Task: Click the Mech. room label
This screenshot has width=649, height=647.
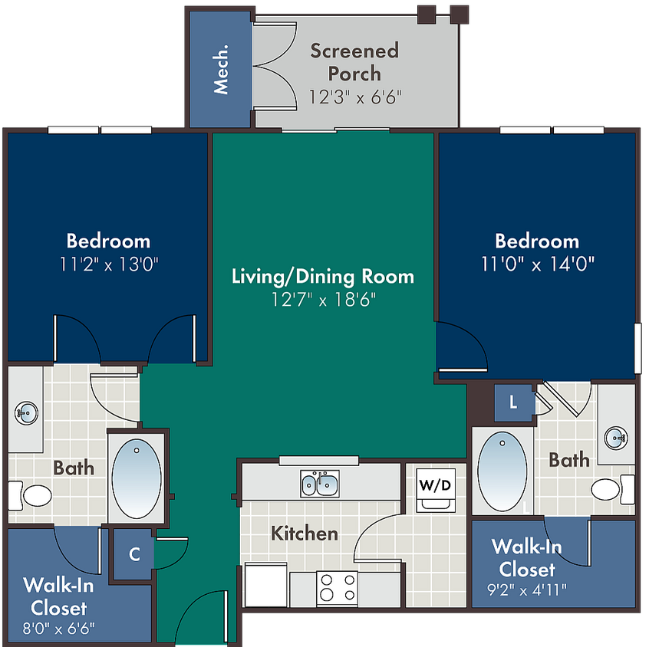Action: tap(221, 69)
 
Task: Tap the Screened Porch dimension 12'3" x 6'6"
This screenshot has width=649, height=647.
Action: tap(355, 97)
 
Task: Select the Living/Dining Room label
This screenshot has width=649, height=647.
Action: tap(323, 276)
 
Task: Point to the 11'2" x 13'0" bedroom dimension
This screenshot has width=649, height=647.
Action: tap(109, 264)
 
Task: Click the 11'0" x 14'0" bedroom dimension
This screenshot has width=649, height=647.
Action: tap(538, 264)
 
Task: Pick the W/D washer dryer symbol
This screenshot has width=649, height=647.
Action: tap(436, 490)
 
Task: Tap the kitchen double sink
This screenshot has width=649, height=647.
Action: tap(320, 484)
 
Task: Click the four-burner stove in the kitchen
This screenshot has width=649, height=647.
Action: tap(338, 588)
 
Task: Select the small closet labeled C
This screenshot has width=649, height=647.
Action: tap(133, 554)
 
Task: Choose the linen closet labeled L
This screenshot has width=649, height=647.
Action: tap(513, 402)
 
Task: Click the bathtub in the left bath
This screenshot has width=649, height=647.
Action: tap(137, 478)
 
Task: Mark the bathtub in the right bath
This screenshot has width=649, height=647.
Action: tap(502, 472)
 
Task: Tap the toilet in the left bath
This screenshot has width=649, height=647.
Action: tap(31, 495)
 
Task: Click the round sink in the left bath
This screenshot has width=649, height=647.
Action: tap(27, 412)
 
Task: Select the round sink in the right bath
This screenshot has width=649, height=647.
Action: tap(616, 438)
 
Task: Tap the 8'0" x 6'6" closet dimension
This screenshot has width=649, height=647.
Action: tap(58, 629)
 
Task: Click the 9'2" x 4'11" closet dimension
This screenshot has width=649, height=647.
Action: tap(527, 590)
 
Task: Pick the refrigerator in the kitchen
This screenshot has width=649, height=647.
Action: tap(265, 585)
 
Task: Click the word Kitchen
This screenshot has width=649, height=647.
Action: tap(305, 534)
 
